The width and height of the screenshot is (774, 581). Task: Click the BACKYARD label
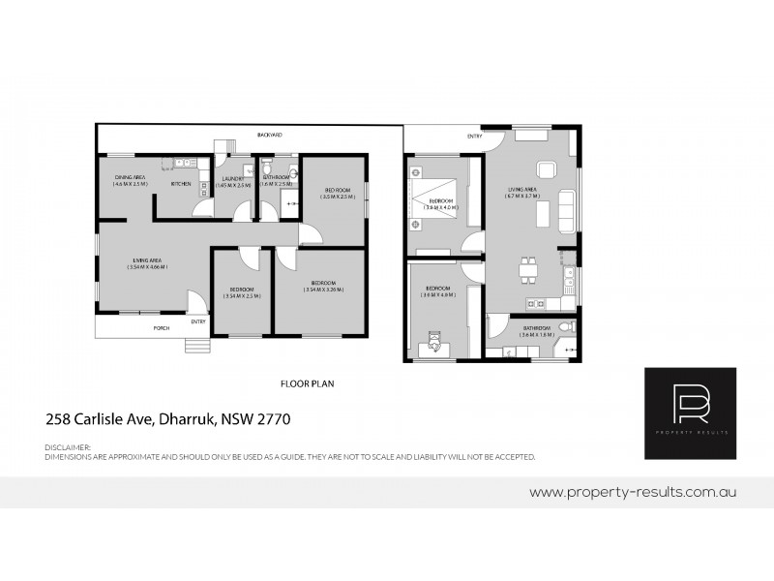(x=270, y=135)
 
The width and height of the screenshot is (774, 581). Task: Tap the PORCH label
(x=163, y=328)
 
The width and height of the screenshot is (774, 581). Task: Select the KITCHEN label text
(x=181, y=183)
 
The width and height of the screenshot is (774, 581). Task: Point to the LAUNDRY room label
(x=232, y=178)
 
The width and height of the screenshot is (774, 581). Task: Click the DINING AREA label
(x=130, y=177)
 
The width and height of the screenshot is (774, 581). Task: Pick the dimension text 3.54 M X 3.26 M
(x=322, y=289)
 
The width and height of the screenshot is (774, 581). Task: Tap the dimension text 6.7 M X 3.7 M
(x=521, y=197)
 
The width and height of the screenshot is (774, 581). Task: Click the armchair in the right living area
(x=546, y=170)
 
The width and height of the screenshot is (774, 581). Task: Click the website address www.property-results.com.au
(x=636, y=492)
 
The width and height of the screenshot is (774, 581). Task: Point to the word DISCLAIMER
(x=68, y=447)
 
